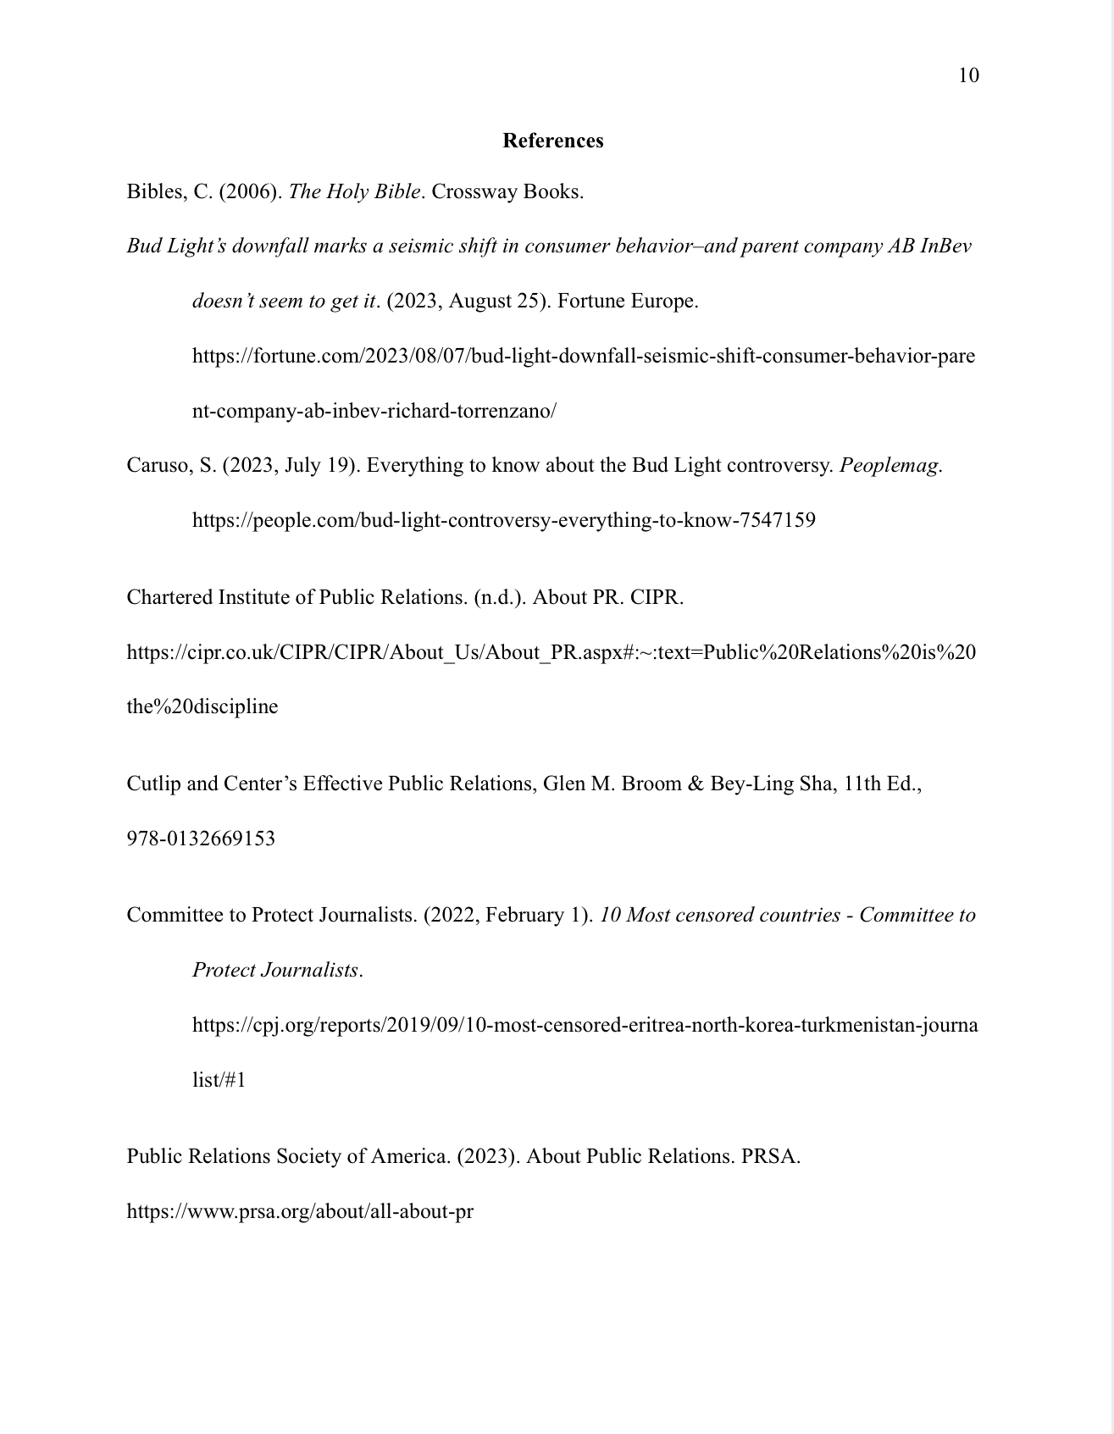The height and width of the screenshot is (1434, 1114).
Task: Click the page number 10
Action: pos(968,76)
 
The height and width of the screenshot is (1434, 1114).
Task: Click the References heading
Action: pos(552,141)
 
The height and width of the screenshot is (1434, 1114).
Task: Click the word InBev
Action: pos(945,246)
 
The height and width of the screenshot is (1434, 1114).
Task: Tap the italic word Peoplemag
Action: pos(890,466)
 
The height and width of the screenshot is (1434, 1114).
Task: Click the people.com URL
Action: pos(504,520)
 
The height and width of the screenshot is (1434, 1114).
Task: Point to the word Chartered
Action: pos(169,598)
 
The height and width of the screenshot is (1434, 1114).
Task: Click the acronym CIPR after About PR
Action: pos(656,598)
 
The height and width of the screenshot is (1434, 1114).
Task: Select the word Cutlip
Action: pos(153,784)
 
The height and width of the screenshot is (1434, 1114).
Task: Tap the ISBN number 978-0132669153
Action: pos(201,839)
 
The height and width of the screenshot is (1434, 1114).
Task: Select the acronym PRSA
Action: pos(769,1157)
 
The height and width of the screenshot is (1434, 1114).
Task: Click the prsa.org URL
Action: pos(300,1212)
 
